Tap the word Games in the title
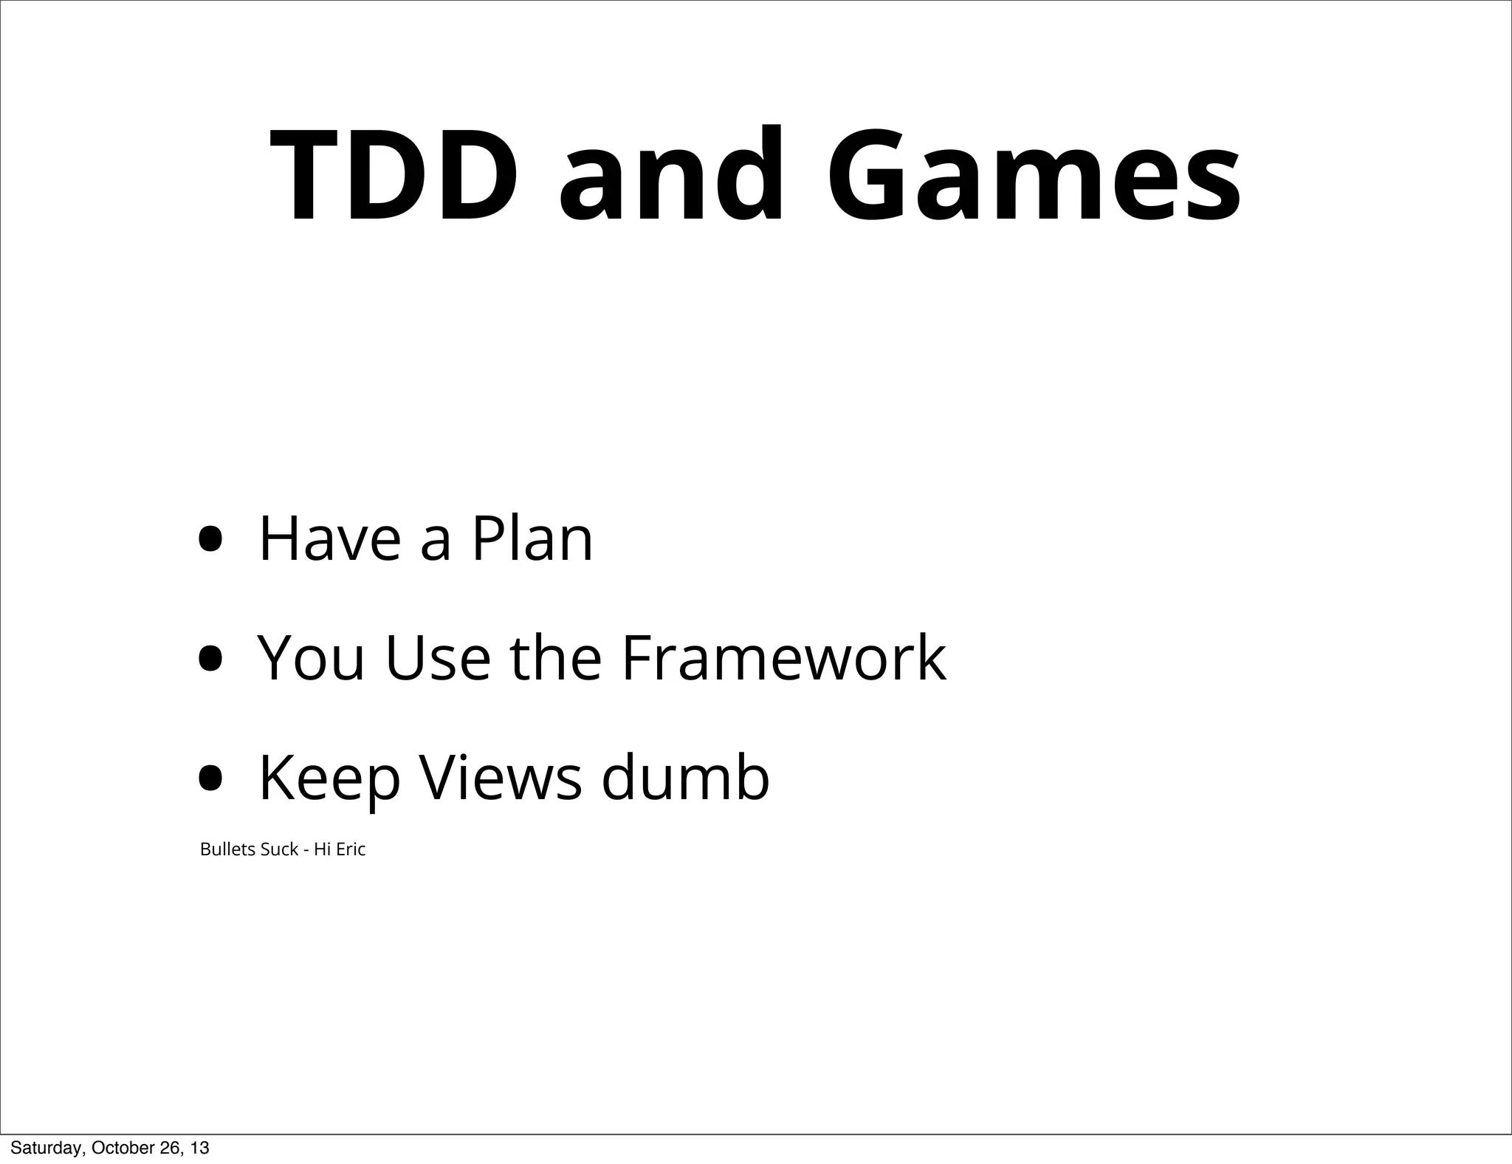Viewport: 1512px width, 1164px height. [1034, 177]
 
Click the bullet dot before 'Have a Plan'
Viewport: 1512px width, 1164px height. [210, 539]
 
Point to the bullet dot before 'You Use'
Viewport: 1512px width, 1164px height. [210, 658]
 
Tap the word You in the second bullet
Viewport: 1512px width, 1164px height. [311, 658]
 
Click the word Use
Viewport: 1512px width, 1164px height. [438, 658]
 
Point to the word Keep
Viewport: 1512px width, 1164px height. [329, 778]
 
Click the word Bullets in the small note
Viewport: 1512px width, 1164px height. [229, 849]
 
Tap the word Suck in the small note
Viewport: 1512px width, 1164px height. [280, 849]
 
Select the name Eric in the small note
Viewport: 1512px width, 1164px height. [351, 849]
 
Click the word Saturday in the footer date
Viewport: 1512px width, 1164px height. [43, 1148]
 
